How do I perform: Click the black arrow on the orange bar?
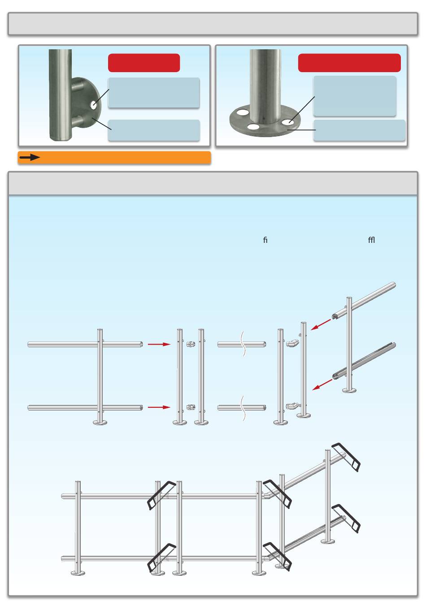(30, 157)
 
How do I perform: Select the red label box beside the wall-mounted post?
(144, 63)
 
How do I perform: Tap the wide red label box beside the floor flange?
(349, 63)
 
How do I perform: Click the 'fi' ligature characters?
(265, 240)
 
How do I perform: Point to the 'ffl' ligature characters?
(371, 240)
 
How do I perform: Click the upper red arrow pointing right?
(159, 344)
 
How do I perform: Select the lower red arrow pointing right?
(159, 407)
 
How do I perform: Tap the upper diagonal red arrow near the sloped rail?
(321, 325)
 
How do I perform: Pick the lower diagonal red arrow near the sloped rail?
(322, 384)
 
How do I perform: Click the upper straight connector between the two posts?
(191, 344)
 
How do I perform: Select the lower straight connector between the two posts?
(191, 407)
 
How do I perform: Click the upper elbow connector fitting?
(292, 343)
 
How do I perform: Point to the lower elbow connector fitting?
(292, 406)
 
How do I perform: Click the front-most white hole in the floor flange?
(253, 126)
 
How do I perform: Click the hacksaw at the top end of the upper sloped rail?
(346, 457)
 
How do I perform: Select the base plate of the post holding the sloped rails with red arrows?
(349, 390)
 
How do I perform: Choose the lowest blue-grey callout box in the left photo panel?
(154, 130)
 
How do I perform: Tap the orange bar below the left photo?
(114, 157)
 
